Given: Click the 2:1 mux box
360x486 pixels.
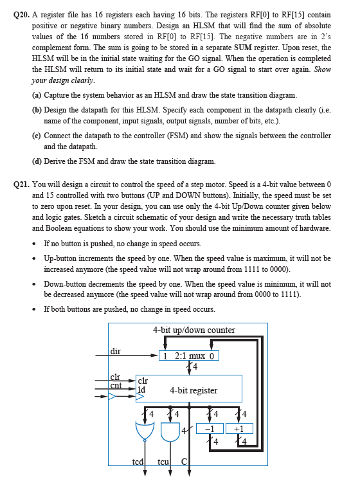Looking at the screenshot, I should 191,355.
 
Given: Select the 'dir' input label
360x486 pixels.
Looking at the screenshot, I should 116,351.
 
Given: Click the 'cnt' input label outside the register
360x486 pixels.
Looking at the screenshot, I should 116,386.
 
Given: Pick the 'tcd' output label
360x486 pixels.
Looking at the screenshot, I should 138,462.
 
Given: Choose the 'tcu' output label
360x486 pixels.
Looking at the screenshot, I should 164,462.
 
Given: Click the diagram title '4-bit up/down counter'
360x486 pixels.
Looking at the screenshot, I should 194,330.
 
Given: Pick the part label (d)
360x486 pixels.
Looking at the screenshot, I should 37,161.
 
